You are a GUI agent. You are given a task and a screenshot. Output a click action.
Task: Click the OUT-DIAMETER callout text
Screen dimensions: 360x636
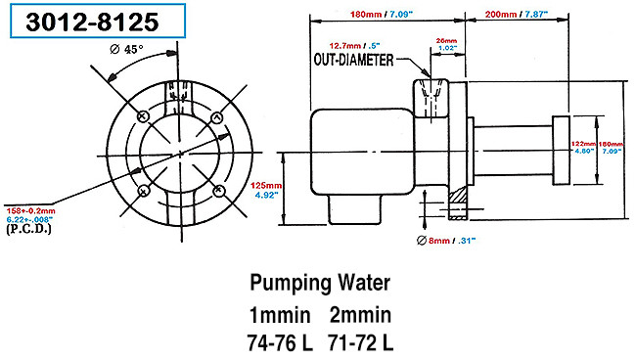tap(353, 60)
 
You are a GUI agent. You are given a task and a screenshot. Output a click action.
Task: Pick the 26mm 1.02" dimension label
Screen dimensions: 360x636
tap(447, 43)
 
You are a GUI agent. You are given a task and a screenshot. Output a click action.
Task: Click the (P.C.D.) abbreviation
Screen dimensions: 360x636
tap(29, 230)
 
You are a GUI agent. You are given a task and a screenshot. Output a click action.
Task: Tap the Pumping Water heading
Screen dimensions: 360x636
tap(318, 284)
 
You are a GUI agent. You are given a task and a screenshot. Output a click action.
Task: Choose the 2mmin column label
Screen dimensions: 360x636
tap(362, 315)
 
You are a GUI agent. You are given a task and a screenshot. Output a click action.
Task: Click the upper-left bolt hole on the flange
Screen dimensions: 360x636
tap(145, 116)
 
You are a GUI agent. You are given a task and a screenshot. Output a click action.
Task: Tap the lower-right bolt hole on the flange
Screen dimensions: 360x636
tap(220, 187)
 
